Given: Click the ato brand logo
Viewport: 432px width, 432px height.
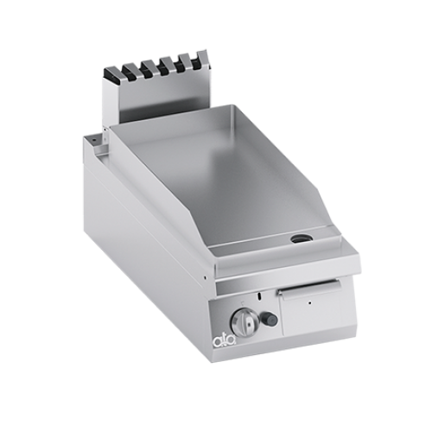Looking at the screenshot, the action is click(x=226, y=342).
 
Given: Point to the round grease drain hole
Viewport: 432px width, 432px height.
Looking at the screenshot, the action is click(x=301, y=238).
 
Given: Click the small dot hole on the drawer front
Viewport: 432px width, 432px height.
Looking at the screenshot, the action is click(x=309, y=303).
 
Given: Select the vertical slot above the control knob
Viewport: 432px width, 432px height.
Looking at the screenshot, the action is click(x=260, y=296).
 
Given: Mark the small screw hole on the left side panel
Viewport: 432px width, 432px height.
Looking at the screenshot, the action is click(x=204, y=277).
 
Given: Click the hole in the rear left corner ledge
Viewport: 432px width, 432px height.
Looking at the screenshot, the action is click(x=94, y=140).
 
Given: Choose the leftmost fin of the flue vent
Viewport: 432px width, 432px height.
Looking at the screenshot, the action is click(x=111, y=74).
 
